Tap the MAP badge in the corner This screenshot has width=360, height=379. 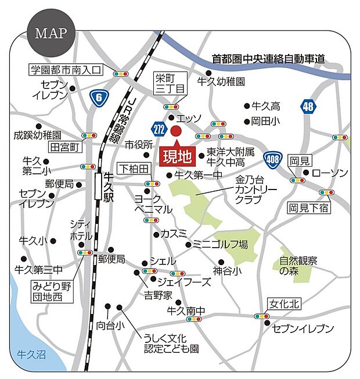point(51,32)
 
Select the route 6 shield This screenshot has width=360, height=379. point(99,97)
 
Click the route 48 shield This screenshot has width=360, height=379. point(308,106)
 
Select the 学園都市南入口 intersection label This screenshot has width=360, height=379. point(66,70)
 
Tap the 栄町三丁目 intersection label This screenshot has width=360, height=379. point(169,84)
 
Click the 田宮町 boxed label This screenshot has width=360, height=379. point(64,147)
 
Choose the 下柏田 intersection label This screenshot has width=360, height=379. point(134,168)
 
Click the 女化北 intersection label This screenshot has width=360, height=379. point(283,303)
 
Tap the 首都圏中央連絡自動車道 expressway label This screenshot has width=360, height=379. point(268,59)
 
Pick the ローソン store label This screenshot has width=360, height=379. point(330,173)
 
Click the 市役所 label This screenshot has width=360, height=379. point(138,144)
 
